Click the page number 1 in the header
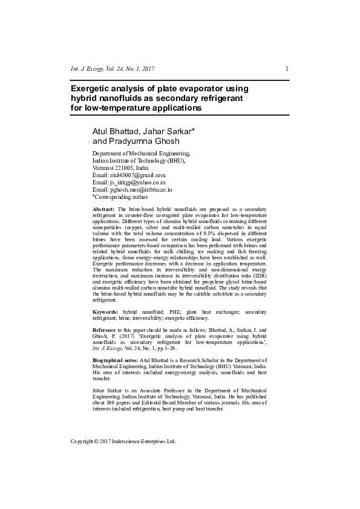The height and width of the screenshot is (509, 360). pos(286,69)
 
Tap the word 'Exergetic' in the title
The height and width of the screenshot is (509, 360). pos(91,89)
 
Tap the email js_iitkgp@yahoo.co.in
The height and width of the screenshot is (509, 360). pos(137,182)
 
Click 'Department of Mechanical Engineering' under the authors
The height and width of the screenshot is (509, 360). pos(141,154)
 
